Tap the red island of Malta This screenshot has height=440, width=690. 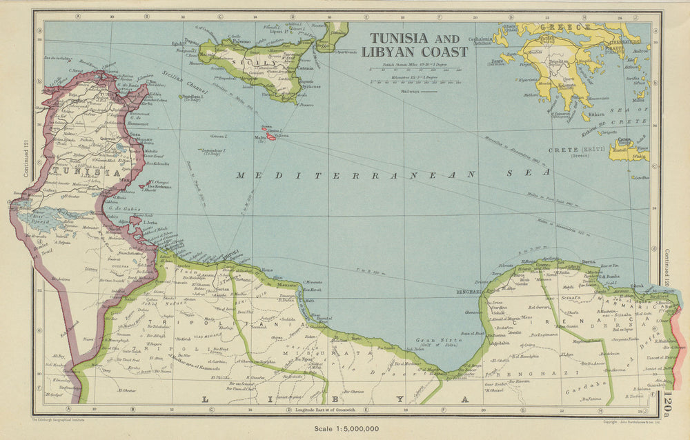[270, 137]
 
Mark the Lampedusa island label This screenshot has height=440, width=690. [214, 150]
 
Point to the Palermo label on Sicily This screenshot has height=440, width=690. [241, 41]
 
